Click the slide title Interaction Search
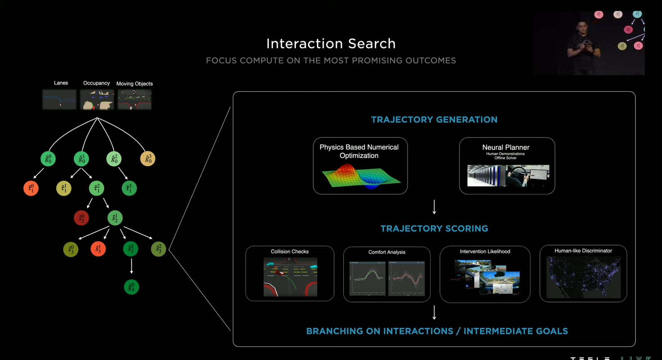[331, 44]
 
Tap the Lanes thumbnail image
[60, 100]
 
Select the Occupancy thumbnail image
[97, 100]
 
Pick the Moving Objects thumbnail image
[134, 100]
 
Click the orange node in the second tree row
[31, 188]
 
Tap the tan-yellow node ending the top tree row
[148, 159]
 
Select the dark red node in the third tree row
[81, 218]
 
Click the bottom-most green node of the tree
[131, 287]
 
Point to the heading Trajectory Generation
[434, 120]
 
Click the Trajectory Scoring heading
[434, 229]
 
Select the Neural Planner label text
[505, 147]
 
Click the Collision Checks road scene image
[290, 277]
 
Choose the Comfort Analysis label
[386, 252]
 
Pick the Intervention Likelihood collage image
[485, 277]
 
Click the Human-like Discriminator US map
[583, 277]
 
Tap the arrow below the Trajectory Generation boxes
[434, 207]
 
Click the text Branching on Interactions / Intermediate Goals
[437, 331]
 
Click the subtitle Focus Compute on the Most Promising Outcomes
[331, 61]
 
